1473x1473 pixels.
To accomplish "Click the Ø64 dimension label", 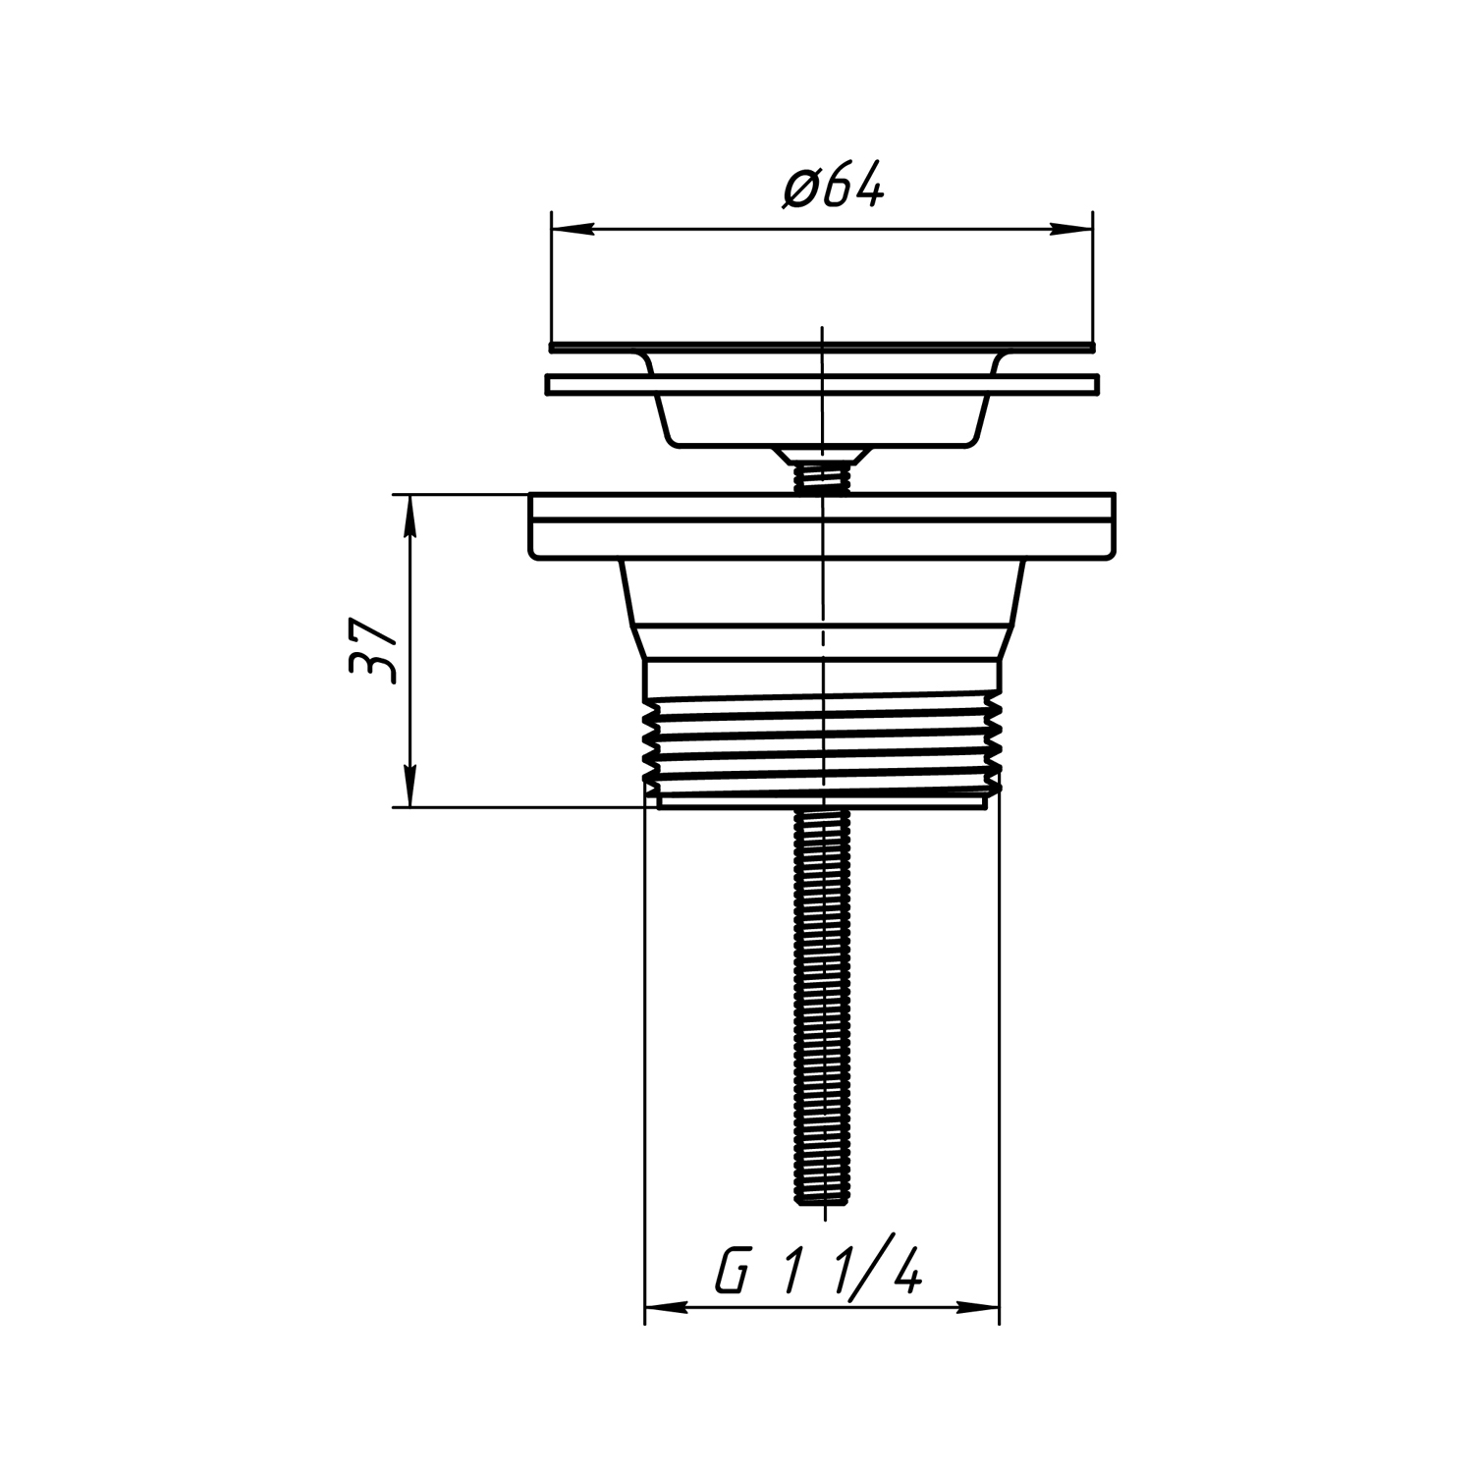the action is click(834, 187).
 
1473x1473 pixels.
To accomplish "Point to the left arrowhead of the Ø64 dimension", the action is click(573, 230).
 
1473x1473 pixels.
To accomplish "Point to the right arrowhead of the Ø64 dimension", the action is click(1071, 230).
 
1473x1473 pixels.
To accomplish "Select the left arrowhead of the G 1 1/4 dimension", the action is click(665, 1307).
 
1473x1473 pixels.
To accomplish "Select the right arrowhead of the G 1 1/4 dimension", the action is click(978, 1307).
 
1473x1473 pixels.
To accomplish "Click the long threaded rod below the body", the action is click(821, 1006).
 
